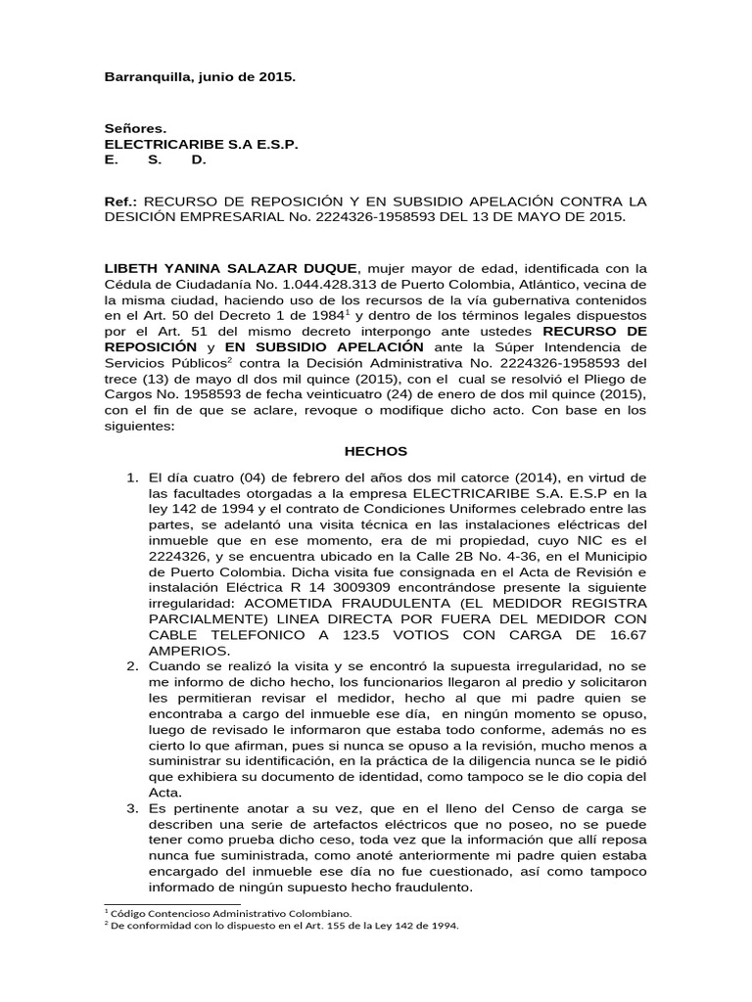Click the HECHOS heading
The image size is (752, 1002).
coord(375,451)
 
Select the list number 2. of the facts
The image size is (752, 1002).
coord(132,665)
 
